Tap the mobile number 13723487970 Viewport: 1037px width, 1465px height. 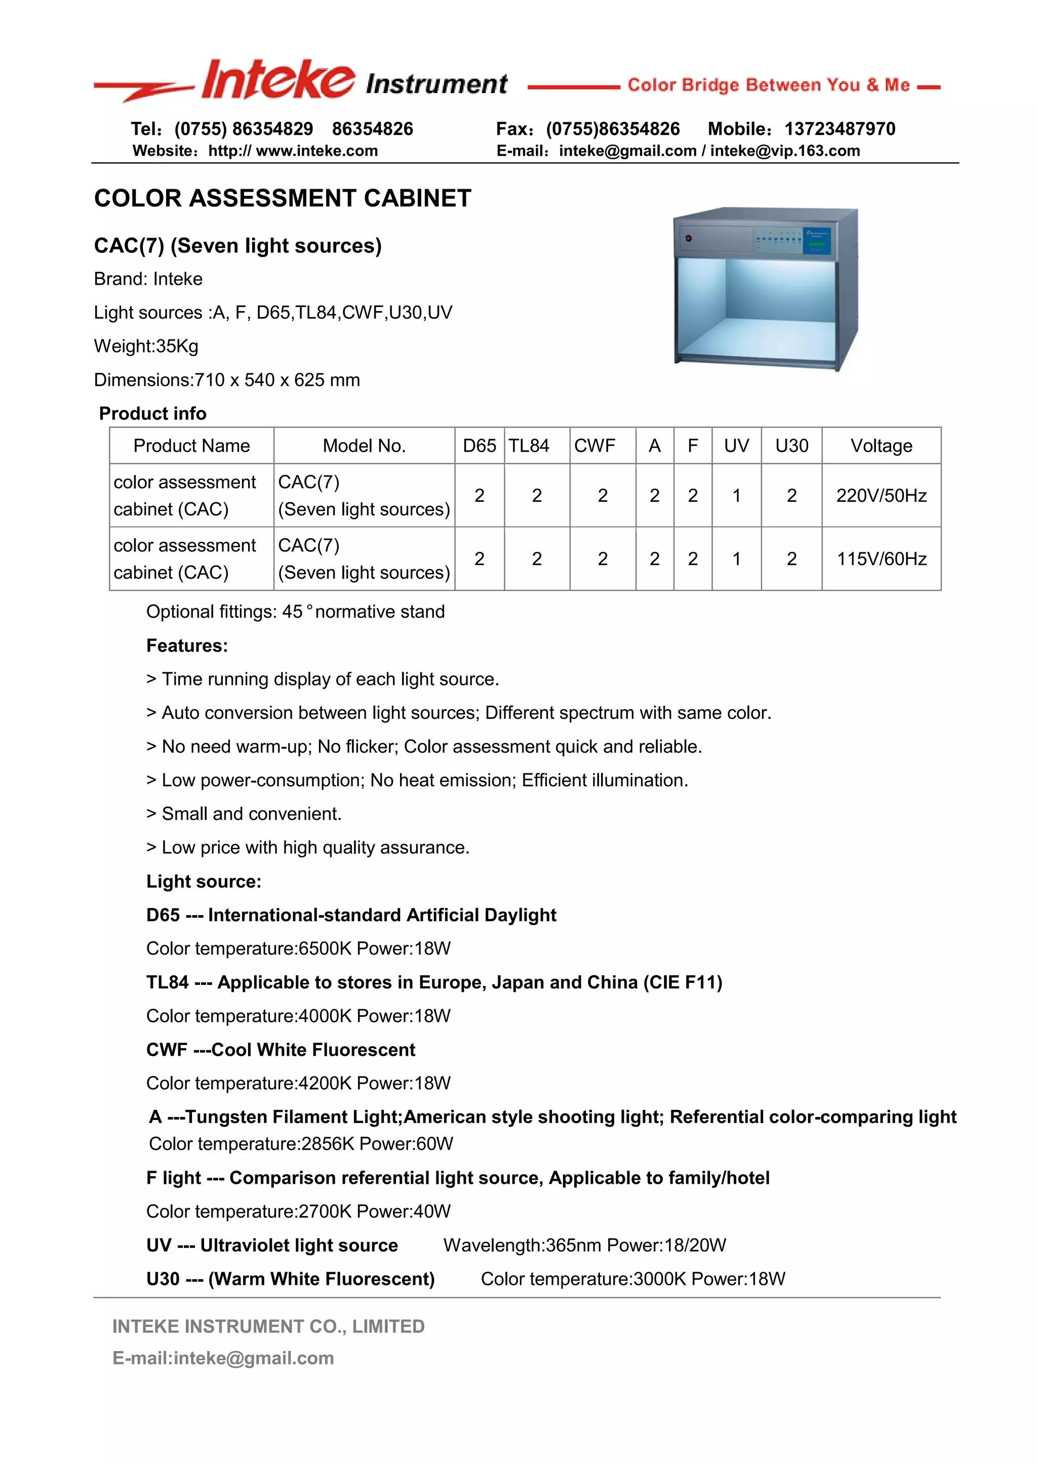(x=839, y=129)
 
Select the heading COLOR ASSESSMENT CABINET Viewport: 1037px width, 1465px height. (x=282, y=198)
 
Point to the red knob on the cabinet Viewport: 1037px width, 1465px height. (x=688, y=238)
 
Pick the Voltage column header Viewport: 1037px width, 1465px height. (x=881, y=446)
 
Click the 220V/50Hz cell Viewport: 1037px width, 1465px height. (x=881, y=496)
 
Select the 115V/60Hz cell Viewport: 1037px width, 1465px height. (x=881, y=559)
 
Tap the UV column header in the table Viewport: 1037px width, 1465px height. (x=736, y=446)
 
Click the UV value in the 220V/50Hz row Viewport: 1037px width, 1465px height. (x=736, y=496)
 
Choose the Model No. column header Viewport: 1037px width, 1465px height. (x=364, y=446)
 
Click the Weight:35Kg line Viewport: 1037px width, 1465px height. (x=146, y=347)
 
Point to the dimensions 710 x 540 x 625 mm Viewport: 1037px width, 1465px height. (x=276, y=380)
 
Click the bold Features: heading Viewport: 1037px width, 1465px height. (x=187, y=645)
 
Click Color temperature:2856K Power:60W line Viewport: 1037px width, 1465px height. (x=301, y=1144)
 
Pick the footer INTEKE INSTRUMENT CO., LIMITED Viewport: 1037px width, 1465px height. (x=268, y=1327)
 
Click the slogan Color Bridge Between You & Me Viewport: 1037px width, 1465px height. (x=768, y=85)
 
